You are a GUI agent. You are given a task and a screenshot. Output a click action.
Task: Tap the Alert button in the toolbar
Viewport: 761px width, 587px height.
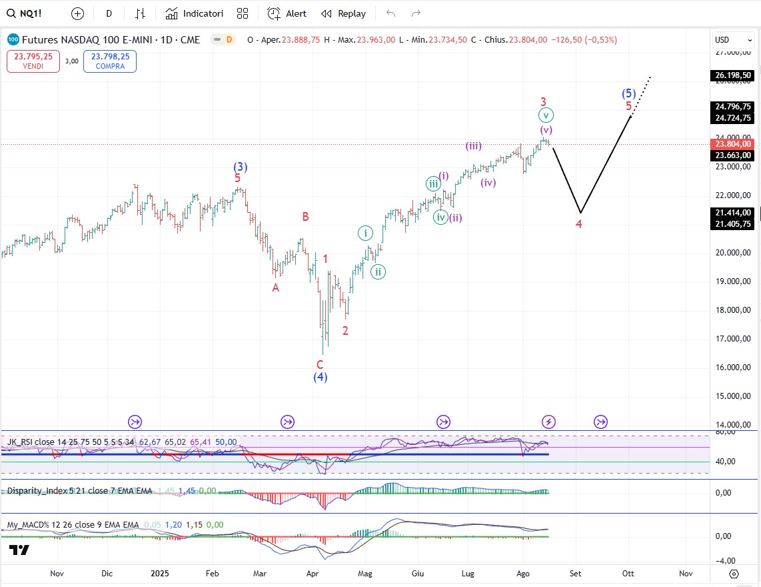[x=287, y=13]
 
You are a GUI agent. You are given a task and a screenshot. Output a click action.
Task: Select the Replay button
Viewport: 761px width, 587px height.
[x=344, y=13]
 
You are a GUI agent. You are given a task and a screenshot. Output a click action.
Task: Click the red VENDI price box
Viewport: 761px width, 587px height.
[x=33, y=61]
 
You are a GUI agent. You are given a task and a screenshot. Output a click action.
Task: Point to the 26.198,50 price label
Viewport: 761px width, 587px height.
[x=733, y=75]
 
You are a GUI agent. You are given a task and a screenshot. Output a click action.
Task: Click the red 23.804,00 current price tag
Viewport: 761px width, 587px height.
[x=733, y=144]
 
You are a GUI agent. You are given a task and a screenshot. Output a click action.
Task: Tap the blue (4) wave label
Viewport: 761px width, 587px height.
[x=321, y=377]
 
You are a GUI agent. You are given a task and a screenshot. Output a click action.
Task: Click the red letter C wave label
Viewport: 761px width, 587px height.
[x=320, y=364]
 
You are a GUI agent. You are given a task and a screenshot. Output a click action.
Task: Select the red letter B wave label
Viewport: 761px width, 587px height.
[x=305, y=217]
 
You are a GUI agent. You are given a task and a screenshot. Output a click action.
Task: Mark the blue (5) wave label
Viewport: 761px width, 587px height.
[x=628, y=93]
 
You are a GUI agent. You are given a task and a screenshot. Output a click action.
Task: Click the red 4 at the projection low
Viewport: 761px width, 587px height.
[x=579, y=224]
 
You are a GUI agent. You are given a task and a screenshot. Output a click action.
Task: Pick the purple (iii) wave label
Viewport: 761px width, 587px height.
[x=474, y=146]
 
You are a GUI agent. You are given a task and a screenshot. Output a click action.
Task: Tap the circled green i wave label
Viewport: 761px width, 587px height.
[x=365, y=233]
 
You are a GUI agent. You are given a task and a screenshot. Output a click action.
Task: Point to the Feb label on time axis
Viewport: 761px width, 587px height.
[x=213, y=573]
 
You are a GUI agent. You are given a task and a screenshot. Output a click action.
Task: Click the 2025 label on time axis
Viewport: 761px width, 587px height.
[x=160, y=573]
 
